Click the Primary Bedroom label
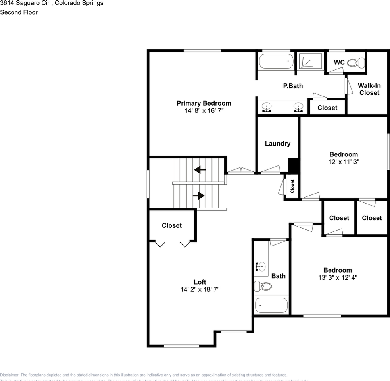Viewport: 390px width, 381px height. click(x=204, y=103)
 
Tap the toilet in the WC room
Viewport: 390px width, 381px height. click(x=355, y=62)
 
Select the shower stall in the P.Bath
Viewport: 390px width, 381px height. click(x=310, y=62)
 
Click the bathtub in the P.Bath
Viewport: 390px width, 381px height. click(x=276, y=62)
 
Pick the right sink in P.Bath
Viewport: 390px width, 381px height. click(x=298, y=107)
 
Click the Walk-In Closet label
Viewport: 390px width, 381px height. click(x=369, y=89)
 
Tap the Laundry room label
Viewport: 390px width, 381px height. click(x=277, y=144)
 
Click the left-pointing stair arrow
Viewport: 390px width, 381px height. click(x=200, y=170)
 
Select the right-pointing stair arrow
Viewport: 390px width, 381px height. click(x=198, y=196)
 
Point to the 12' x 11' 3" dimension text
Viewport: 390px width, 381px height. click(x=344, y=162)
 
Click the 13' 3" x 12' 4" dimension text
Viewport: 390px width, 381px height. click(x=338, y=278)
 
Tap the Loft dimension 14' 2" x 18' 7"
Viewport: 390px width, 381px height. click(x=200, y=290)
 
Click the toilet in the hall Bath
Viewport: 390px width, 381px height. click(x=263, y=286)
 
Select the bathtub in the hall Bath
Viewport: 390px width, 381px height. click(x=271, y=306)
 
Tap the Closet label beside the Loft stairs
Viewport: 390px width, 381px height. click(x=171, y=225)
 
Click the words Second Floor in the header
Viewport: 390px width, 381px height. click(x=19, y=12)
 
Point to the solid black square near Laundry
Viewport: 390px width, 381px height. click(x=293, y=165)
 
